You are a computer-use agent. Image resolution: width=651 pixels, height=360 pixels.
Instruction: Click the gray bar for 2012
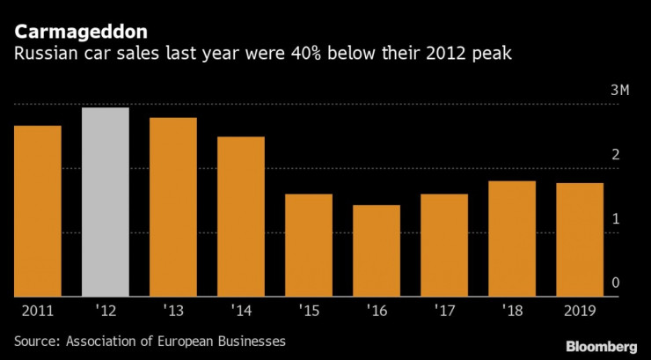click(x=106, y=202)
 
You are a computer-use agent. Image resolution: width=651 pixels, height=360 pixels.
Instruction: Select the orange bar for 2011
click(x=38, y=211)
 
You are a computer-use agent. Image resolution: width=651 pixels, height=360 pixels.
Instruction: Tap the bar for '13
click(x=173, y=207)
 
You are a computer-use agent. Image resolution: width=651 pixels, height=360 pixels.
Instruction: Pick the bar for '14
click(x=241, y=217)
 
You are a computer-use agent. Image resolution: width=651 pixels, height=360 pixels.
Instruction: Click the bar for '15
click(x=309, y=245)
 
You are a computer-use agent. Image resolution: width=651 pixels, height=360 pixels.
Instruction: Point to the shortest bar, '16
click(x=377, y=251)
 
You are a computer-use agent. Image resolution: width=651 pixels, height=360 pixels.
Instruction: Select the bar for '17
click(x=444, y=245)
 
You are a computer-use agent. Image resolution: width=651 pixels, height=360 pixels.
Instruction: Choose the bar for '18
click(x=512, y=239)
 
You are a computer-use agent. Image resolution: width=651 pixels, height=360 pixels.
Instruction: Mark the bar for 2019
click(x=580, y=239)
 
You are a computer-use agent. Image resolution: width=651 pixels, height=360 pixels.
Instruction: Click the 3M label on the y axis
click(x=621, y=92)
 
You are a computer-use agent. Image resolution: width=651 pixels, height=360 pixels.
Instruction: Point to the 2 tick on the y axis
click(x=616, y=155)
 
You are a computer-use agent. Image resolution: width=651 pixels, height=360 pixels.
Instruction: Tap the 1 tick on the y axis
click(x=616, y=218)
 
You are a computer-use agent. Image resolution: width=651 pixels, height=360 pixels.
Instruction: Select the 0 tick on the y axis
click(x=616, y=283)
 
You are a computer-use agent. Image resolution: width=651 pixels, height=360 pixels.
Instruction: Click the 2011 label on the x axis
click(x=38, y=311)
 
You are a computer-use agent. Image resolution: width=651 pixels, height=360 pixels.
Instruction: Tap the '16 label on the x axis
click(x=377, y=311)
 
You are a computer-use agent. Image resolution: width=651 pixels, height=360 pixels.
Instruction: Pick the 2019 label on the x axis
click(x=580, y=311)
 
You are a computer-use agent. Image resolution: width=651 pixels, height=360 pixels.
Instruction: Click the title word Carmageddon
click(x=80, y=33)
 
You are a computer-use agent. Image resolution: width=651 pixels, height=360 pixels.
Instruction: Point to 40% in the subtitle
click(x=276, y=55)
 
